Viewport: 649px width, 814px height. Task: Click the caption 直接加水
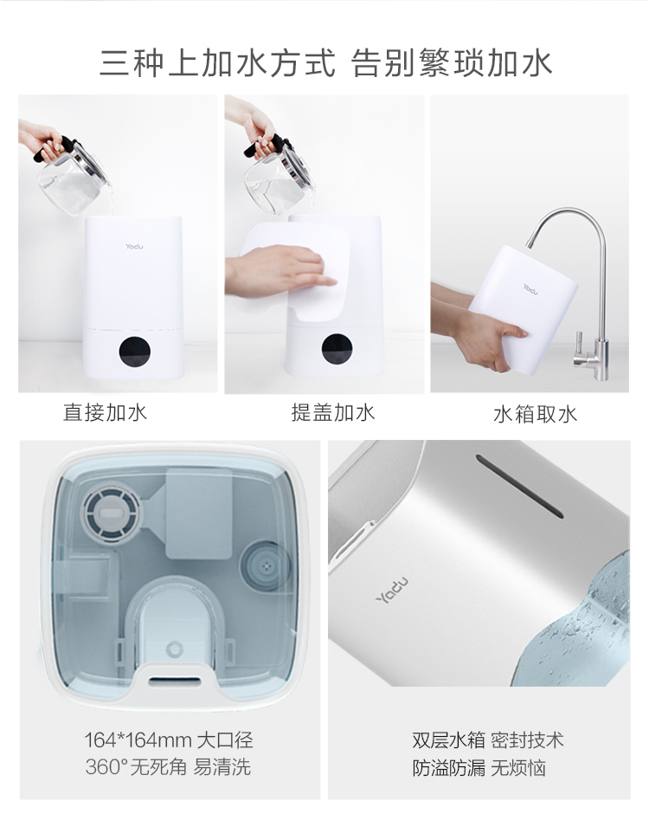(x=106, y=413)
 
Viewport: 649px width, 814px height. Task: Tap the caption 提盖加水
(x=333, y=413)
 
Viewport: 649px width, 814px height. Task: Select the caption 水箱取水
(x=536, y=414)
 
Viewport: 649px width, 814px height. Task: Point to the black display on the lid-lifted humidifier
(x=337, y=348)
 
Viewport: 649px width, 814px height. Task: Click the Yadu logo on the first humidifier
(x=134, y=246)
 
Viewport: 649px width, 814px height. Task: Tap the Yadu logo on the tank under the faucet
(x=530, y=289)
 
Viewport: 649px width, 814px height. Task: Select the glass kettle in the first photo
(x=72, y=174)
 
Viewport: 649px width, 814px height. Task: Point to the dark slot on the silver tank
(x=519, y=486)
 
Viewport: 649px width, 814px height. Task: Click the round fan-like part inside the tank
(x=112, y=510)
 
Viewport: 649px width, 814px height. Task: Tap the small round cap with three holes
(x=267, y=564)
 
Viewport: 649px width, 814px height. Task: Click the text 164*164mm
(x=137, y=740)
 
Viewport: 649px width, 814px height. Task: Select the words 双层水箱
(x=449, y=740)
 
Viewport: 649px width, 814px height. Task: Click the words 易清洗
(x=222, y=766)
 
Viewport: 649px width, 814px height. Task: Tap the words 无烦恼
(x=518, y=768)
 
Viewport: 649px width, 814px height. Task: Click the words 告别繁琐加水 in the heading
(x=452, y=63)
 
